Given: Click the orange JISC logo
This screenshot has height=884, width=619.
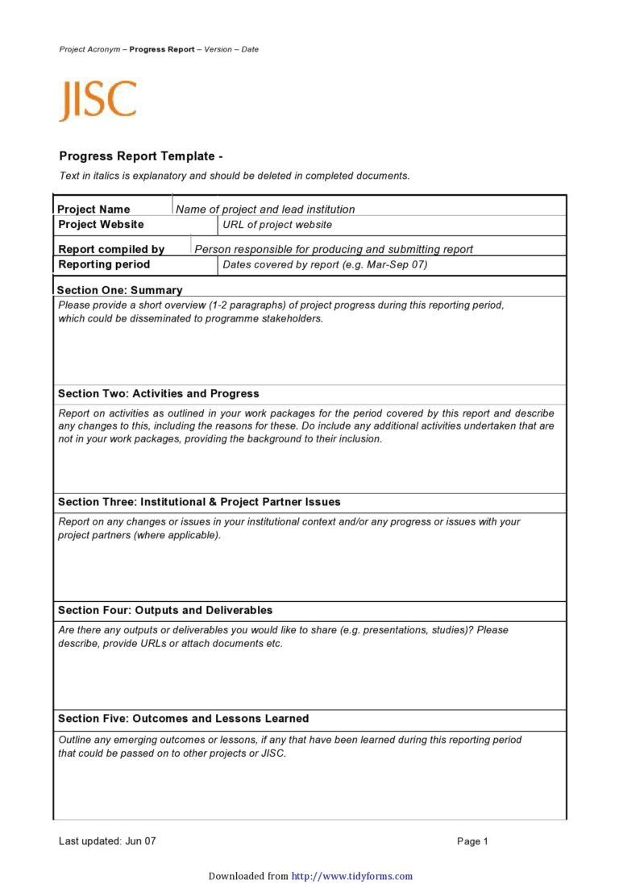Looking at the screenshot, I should click(98, 101).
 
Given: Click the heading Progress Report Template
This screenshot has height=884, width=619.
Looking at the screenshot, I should click(140, 156).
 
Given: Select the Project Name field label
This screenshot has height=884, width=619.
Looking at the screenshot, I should click(93, 210).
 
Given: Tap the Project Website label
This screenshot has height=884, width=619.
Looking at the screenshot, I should click(101, 225).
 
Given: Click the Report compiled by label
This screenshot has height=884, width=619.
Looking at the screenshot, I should click(111, 250).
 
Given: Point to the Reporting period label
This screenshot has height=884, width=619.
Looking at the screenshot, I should click(104, 264).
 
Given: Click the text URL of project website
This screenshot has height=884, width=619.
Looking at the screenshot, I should click(277, 225).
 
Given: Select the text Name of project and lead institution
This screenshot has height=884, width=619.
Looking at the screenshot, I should click(265, 210).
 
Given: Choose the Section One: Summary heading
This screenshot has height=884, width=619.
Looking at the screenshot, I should click(120, 290).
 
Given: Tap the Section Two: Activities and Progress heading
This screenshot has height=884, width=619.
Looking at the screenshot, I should click(159, 394).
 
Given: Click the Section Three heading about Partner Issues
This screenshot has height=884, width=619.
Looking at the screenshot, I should click(199, 502).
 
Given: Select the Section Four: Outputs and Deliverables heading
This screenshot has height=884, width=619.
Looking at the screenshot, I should click(165, 611).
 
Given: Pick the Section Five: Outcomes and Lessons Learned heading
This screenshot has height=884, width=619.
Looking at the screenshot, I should click(183, 719).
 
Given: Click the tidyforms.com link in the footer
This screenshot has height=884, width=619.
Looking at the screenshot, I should click(351, 876).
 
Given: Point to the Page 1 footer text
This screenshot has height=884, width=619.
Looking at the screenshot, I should click(472, 841).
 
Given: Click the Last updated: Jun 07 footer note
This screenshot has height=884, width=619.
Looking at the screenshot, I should click(107, 841).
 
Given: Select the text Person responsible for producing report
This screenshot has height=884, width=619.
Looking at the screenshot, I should click(334, 250).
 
